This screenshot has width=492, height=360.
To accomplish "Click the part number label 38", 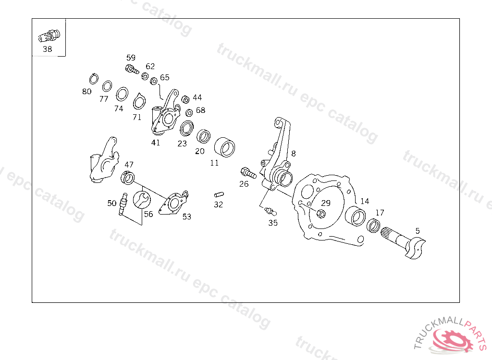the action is [47, 49].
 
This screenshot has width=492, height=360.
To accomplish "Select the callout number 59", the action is [131, 58].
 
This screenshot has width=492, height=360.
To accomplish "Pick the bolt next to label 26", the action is [246, 171].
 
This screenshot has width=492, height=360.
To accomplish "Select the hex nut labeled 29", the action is [322, 214].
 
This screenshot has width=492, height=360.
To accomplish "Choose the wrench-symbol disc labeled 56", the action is [142, 199].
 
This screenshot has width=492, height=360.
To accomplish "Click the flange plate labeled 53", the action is [175, 203].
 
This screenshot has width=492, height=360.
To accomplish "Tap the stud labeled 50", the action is [123, 204].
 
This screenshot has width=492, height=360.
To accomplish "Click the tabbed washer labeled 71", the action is [139, 102].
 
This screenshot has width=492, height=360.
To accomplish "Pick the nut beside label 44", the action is [184, 99].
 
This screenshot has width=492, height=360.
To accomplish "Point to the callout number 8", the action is [293, 154].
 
